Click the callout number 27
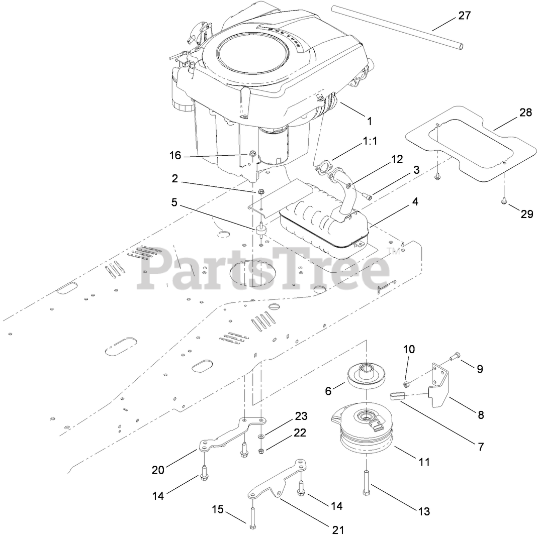point(464,16)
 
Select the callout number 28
point(525,113)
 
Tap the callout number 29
point(526,214)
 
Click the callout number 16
point(175,155)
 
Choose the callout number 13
point(424,511)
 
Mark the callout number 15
point(217,509)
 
